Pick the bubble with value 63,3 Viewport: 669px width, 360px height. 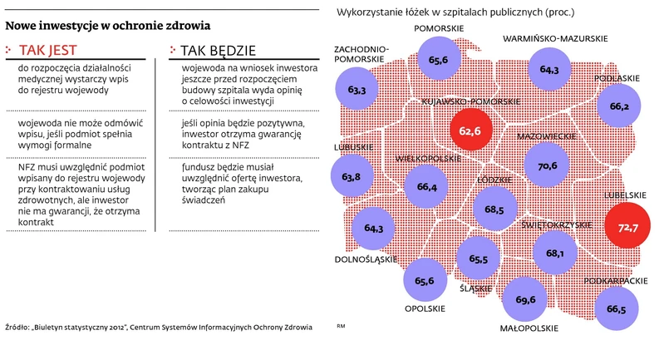pyautogui.click(x=357, y=89)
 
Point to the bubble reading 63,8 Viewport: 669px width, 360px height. pyautogui.click(x=351, y=175)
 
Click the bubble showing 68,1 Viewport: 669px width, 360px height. pyautogui.click(x=555, y=254)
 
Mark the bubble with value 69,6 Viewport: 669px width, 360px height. pyautogui.click(x=525, y=298)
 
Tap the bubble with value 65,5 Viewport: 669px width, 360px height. pyautogui.click(x=478, y=259)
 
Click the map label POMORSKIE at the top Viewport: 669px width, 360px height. pyautogui.click(x=438, y=30)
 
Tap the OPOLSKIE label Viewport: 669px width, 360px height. pyautogui.click(x=424, y=308)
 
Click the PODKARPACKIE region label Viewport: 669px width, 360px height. pyautogui.click(x=616, y=281)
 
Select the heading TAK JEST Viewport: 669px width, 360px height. pyautogui.click(x=49, y=49)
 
